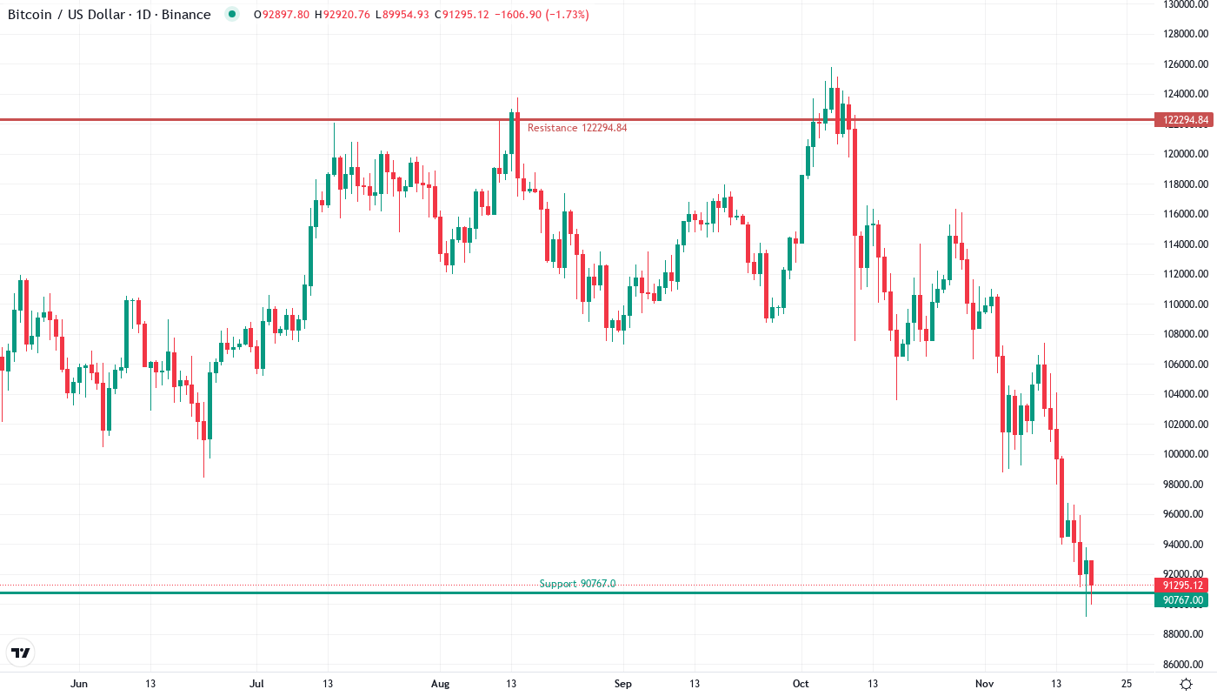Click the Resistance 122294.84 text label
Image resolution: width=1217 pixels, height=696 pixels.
[x=577, y=128]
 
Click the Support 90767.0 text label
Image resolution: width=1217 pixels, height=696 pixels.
[x=577, y=584]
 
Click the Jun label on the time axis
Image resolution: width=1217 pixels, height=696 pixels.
[x=79, y=684]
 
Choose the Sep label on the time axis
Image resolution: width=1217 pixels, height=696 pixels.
[x=622, y=684]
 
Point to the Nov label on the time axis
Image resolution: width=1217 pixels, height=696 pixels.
[x=985, y=684]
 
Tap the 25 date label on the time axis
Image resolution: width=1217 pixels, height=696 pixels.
[x=1127, y=684]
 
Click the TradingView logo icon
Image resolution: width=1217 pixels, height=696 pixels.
[x=21, y=652]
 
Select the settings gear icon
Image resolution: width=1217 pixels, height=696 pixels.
[x=1186, y=683]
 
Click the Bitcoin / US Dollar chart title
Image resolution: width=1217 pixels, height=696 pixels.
[x=109, y=15]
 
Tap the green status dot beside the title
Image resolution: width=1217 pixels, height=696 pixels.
[x=231, y=14]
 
